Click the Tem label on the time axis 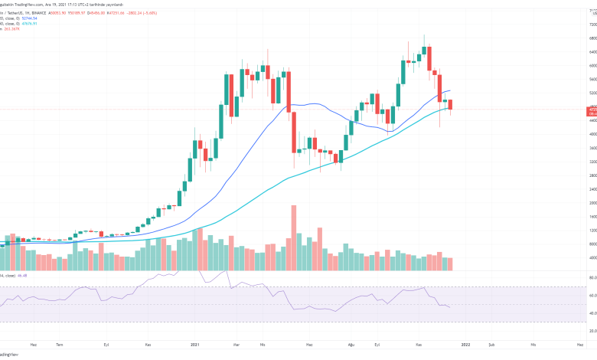(x=59, y=345)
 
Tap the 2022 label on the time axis (x=466, y=345)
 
